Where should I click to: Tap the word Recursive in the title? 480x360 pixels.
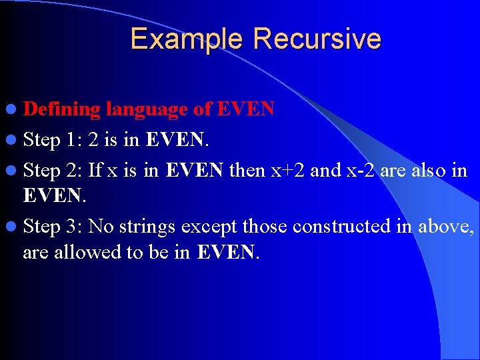tap(317, 39)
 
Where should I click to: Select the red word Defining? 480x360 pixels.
tap(61, 109)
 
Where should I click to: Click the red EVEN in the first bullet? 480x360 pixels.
tap(247, 109)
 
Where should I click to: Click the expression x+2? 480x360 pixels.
tap(286, 171)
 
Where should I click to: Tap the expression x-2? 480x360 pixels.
tap(362, 171)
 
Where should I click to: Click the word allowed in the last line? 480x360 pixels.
tap(91, 253)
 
